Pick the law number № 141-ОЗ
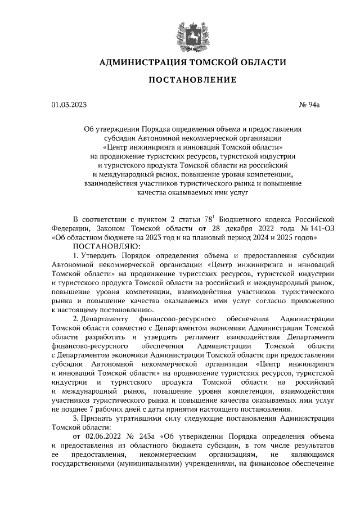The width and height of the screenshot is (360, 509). click(x=314, y=228)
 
